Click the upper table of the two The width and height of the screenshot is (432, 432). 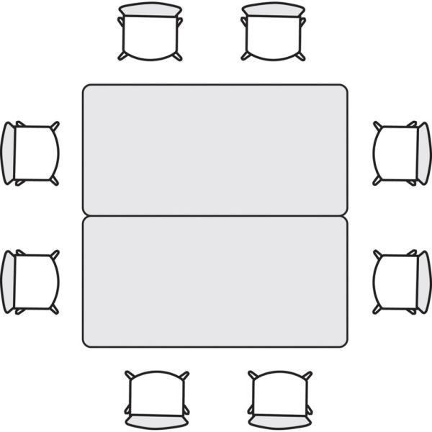pos(215,150)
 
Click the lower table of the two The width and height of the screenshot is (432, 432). pos(215,282)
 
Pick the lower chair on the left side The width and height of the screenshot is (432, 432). pos(33,282)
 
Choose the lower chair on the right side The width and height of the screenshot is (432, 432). pos(399,282)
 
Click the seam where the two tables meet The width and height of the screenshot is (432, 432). pos(215,216)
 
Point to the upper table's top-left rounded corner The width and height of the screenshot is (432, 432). pos(86,89)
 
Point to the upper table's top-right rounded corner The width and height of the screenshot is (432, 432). pos(343,89)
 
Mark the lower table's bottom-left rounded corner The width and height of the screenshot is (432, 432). pos(86,343)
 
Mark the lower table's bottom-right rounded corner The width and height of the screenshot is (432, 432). pos(343,343)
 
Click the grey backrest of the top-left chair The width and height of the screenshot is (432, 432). pos(150,9)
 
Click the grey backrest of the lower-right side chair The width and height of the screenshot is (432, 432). pos(424,282)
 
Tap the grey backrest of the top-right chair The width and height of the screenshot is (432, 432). pos(274,9)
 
